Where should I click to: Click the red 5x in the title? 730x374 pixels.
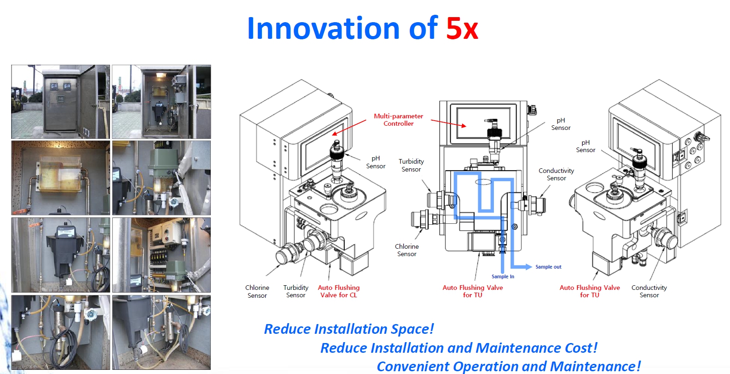(462, 29)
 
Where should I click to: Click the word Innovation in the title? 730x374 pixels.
(323, 28)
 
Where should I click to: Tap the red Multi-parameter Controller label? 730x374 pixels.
(398, 120)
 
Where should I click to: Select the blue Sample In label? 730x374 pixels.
(503, 276)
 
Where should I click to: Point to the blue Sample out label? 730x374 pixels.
(548, 267)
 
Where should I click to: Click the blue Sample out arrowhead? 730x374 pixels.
(529, 267)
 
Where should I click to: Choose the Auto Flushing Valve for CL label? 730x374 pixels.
(339, 291)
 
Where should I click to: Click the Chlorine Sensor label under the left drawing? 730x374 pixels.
(257, 292)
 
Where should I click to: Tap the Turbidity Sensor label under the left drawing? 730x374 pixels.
(296, 291)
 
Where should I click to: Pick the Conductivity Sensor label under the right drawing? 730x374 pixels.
(649, 291)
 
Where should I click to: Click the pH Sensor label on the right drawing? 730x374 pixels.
(586, 147)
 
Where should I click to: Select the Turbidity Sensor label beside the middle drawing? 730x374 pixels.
(411, 166)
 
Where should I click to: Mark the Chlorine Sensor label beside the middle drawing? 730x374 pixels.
(407, 250)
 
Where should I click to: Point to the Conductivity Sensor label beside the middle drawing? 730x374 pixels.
(556, 174)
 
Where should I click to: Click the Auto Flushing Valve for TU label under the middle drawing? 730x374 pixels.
(473, 291)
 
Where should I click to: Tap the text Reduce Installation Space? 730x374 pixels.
(349, 329)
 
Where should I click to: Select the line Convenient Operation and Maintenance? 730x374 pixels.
(509, 367)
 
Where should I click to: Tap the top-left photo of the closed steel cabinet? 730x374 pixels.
(60, 102)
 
